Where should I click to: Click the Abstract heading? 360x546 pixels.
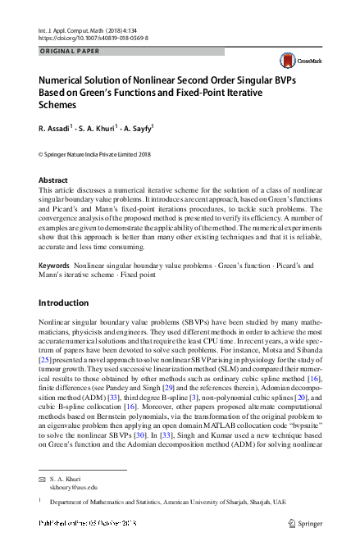pos(53,180)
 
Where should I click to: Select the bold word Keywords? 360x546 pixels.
pos(54,266)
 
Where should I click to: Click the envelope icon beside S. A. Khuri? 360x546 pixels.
pos(43,477)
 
